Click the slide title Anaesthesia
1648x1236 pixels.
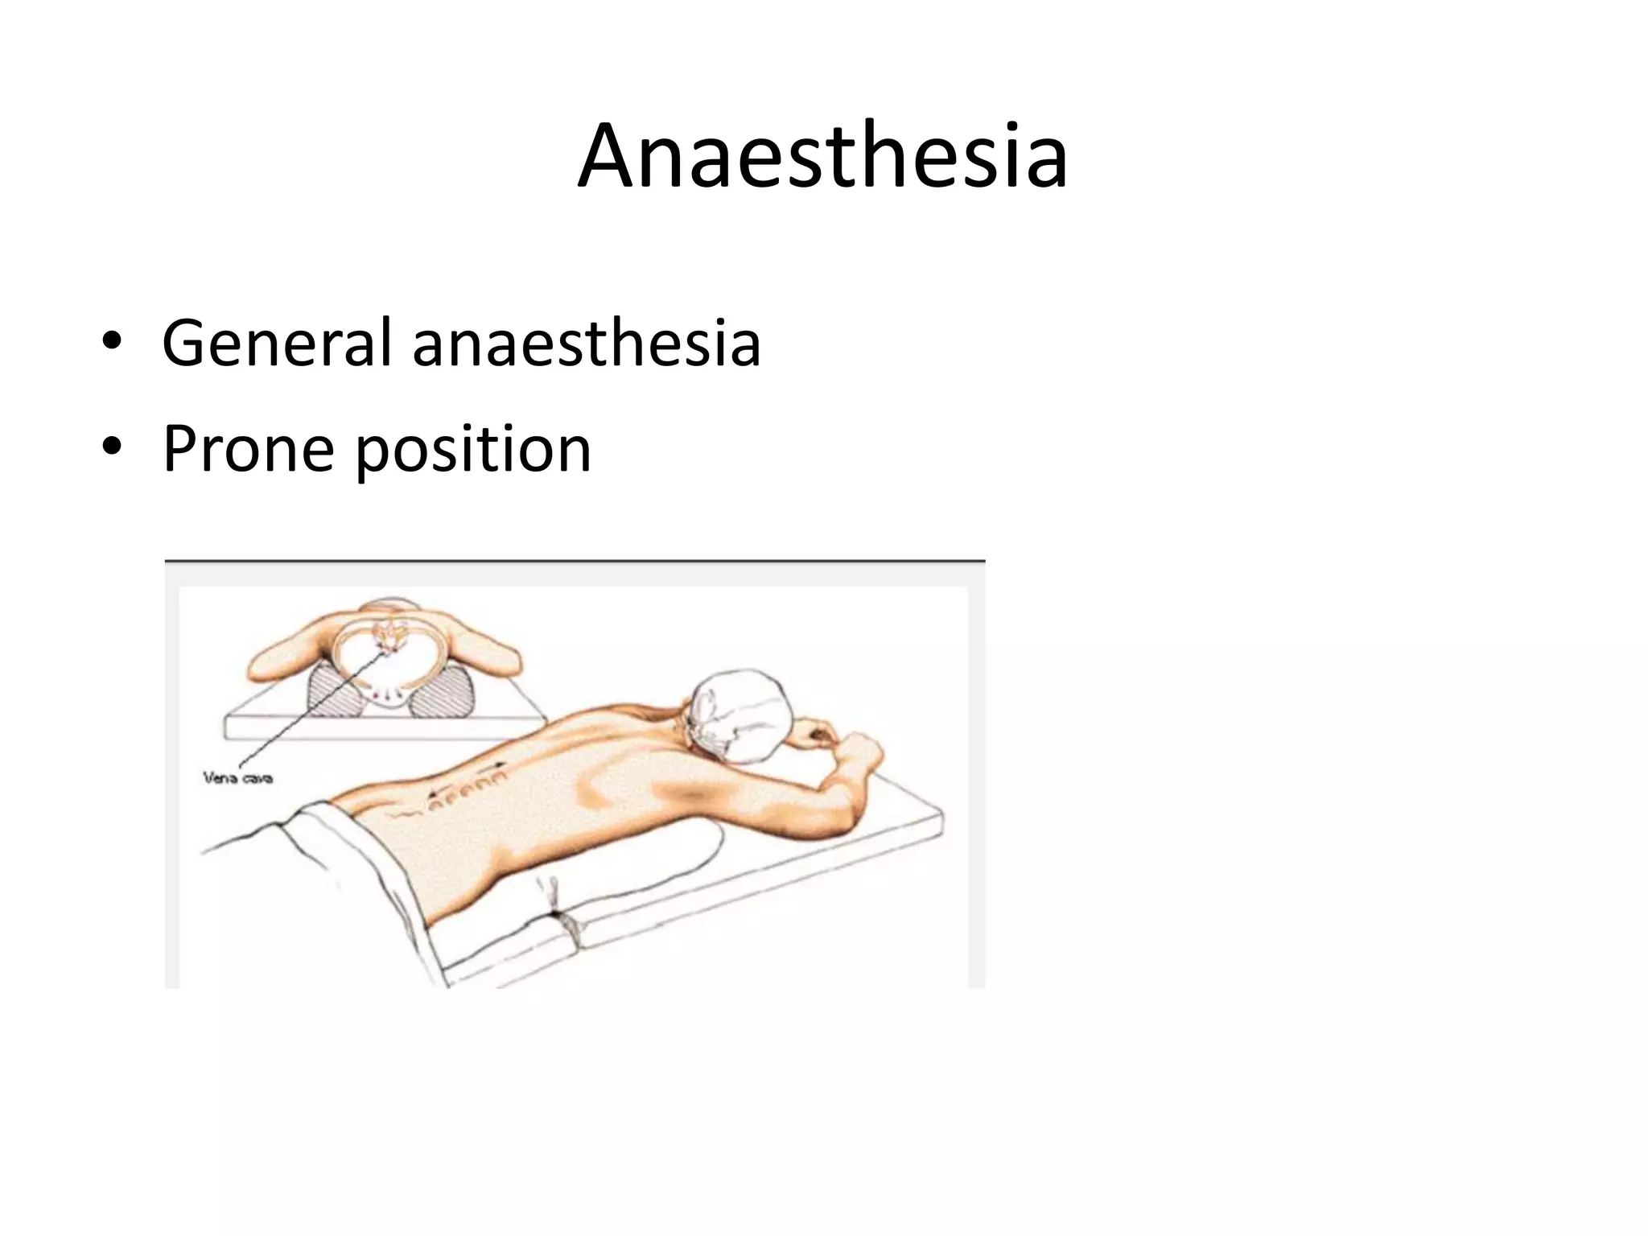pyautogui.click(x=822, y=157)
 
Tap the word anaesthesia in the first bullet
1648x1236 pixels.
pyautogui.click(x=586, y=344)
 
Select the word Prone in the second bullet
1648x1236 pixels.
pyautogui.click(x=247, y=449)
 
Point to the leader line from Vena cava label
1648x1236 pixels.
pyautogui.click(x=306, y=708)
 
